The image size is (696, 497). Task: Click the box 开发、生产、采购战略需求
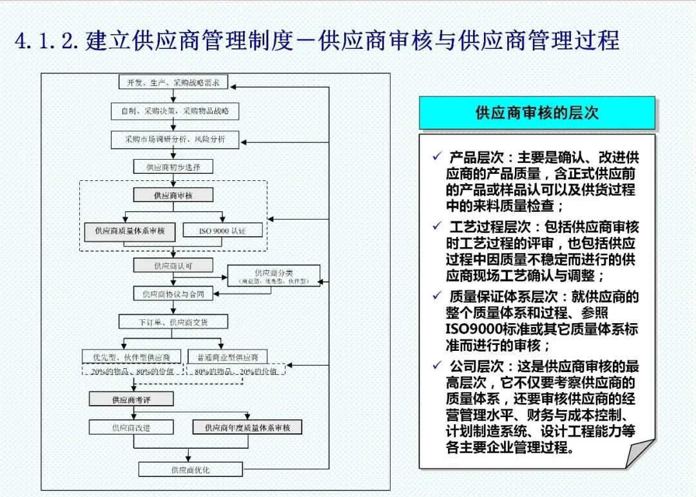[173, 82]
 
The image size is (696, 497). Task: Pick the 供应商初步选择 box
[173, 167]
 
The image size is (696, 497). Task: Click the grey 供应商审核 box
[173, 194]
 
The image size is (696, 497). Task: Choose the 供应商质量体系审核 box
[130, 230]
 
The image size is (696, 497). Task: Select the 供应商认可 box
[173, 265]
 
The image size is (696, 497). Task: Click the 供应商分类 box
[273, 276]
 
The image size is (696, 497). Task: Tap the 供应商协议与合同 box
[173, 294]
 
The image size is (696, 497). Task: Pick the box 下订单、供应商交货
[173, 321]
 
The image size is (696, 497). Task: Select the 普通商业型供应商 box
[227, 357]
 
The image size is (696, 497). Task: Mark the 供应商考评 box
[132, 399]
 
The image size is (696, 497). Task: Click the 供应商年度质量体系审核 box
[247, 427]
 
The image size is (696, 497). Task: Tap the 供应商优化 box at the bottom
[191, 469]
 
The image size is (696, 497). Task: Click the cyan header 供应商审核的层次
[537, 113]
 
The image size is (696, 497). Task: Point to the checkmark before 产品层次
[438, 156]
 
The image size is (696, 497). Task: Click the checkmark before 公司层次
[438, 366]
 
